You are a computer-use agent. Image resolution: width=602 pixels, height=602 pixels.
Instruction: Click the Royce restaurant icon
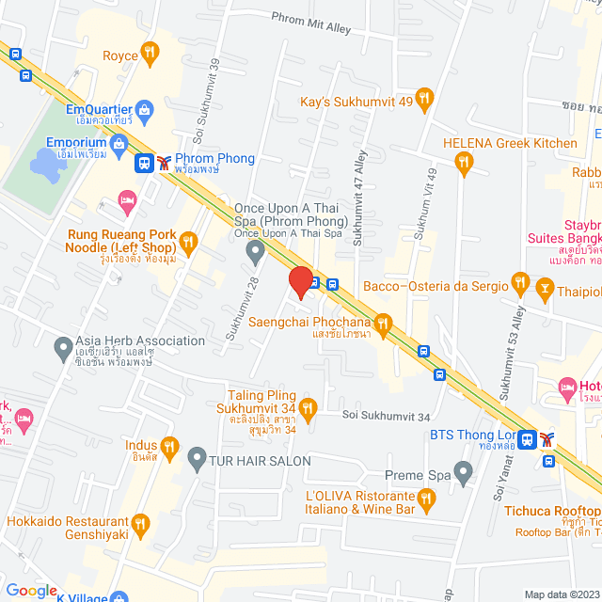(149, 53)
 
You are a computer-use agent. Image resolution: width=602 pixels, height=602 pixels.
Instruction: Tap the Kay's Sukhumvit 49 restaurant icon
(425, 97)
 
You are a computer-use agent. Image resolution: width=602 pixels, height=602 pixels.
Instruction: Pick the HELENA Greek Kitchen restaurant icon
(463, 163)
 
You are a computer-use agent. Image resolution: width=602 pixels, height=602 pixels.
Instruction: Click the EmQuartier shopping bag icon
(144, 112)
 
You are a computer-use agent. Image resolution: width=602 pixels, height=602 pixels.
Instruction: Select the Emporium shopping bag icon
(119, 143)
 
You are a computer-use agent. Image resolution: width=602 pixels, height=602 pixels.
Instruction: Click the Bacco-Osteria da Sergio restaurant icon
(518, 282)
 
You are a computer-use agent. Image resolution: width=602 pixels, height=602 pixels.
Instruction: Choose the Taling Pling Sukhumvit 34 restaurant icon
(309, 406)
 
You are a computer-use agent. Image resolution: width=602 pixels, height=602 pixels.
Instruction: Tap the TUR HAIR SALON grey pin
(196, 459)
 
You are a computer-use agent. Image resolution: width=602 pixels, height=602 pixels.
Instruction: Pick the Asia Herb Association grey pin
(63, 346)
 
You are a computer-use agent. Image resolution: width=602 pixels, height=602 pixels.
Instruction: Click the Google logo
(32, 591)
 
